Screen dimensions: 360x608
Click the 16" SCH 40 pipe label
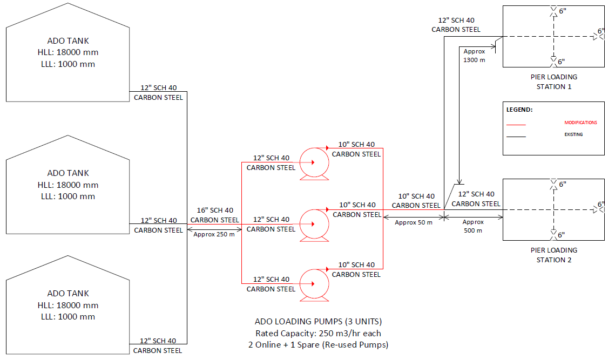tap(214, 210)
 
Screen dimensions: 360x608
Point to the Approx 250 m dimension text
tap(214, 234)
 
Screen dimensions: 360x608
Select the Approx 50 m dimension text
tap(414, 222)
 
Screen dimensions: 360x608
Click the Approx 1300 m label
tap(474, 56)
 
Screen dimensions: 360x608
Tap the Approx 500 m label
tap(474, 226)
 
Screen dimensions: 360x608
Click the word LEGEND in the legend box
tap(519, 109)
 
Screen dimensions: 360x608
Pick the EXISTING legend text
tap(573, 134)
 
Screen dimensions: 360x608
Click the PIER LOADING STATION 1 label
tap(553, 81)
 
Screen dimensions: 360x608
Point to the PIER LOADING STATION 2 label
tap(553, 255)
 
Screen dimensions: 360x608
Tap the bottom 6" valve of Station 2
tap(553, 235)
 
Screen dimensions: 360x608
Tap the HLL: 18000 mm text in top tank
tap(67, 52)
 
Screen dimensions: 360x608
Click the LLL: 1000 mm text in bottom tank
tap(67, 317)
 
